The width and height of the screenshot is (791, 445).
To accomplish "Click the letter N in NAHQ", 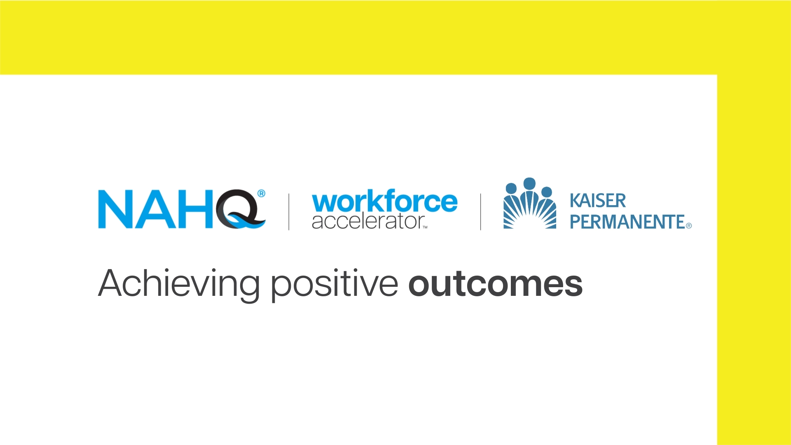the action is click(x=115, y=209).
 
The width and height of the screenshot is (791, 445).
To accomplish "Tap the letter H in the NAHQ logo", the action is click(x=196, y=209).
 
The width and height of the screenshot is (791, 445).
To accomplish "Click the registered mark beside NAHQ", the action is click(x=261, y=194).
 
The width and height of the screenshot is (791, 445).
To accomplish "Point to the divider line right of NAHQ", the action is click(x=288, y=212).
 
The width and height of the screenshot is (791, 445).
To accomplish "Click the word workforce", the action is click(x=385, y=201).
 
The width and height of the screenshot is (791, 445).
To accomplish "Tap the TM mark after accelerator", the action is click(x=425, y=227).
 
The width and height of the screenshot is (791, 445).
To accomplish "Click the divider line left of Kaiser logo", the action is click(x=480, y=212).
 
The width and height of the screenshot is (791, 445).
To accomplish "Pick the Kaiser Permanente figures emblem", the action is click(x=530, y=203).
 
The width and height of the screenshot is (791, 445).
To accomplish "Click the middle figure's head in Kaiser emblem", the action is click(x=529, y=184).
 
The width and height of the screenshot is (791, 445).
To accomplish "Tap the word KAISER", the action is click(x=598, y=201).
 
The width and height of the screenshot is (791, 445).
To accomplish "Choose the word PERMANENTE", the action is click(x=627, y=222).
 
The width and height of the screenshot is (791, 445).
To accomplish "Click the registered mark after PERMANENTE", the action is click(x=689, y=226).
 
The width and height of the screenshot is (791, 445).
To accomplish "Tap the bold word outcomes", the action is click(x=496, y=284).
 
